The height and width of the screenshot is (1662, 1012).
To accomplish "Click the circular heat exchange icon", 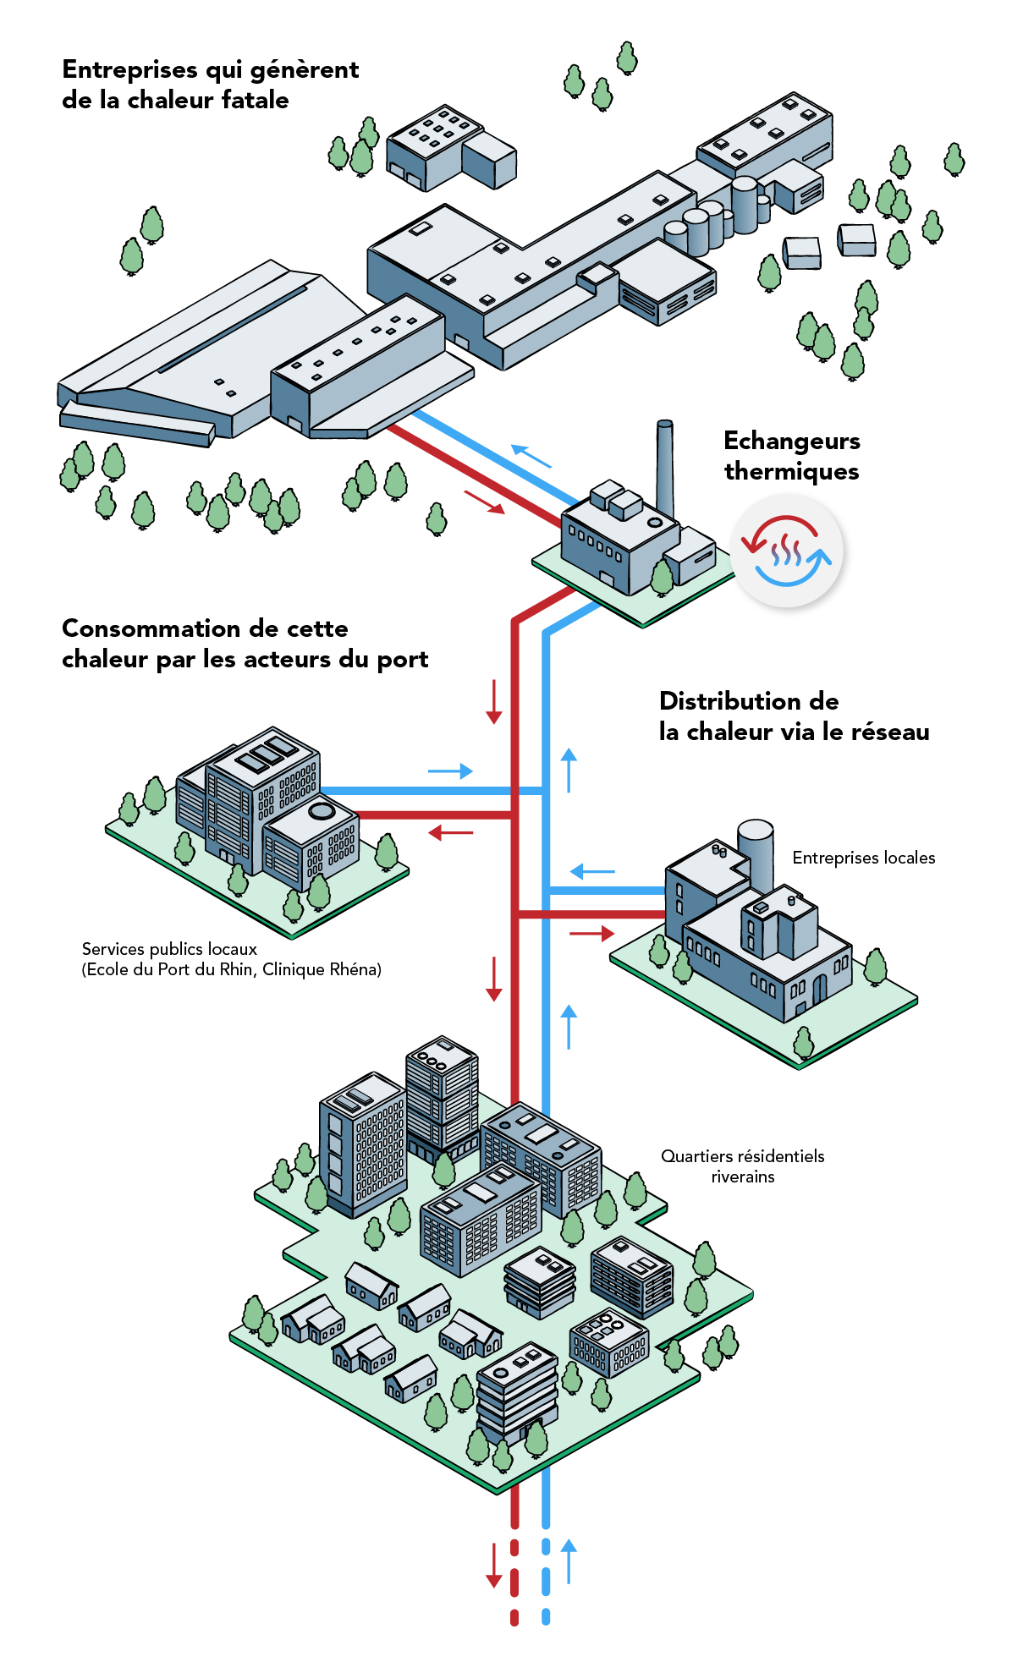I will [x=787, y=551].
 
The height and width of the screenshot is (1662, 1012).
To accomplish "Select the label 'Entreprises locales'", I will [x=863, y=858].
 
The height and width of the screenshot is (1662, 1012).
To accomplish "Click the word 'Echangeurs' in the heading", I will [x=791, y=441].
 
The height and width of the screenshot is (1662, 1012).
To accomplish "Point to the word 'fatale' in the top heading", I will [x=255, y=100].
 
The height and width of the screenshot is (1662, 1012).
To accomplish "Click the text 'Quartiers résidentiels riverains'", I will [x=742, y=1166].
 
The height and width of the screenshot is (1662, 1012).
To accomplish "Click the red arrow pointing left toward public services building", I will [x=450, y=833].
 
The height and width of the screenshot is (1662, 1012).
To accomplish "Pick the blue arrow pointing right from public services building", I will [x=450, y=771].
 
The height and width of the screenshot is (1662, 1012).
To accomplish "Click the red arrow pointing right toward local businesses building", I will [x=591, y=933].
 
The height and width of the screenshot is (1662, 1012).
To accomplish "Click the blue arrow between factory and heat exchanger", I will [x=531, y=456].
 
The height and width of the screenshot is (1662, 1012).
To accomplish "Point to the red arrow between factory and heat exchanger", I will [x=484, y=502].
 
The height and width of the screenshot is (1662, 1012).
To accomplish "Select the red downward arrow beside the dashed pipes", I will [x=494, y=1565].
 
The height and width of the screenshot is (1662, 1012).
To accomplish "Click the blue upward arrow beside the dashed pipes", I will [x=569, y=1561].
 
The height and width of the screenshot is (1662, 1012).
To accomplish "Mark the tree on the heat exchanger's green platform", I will [x=663, y=578].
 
